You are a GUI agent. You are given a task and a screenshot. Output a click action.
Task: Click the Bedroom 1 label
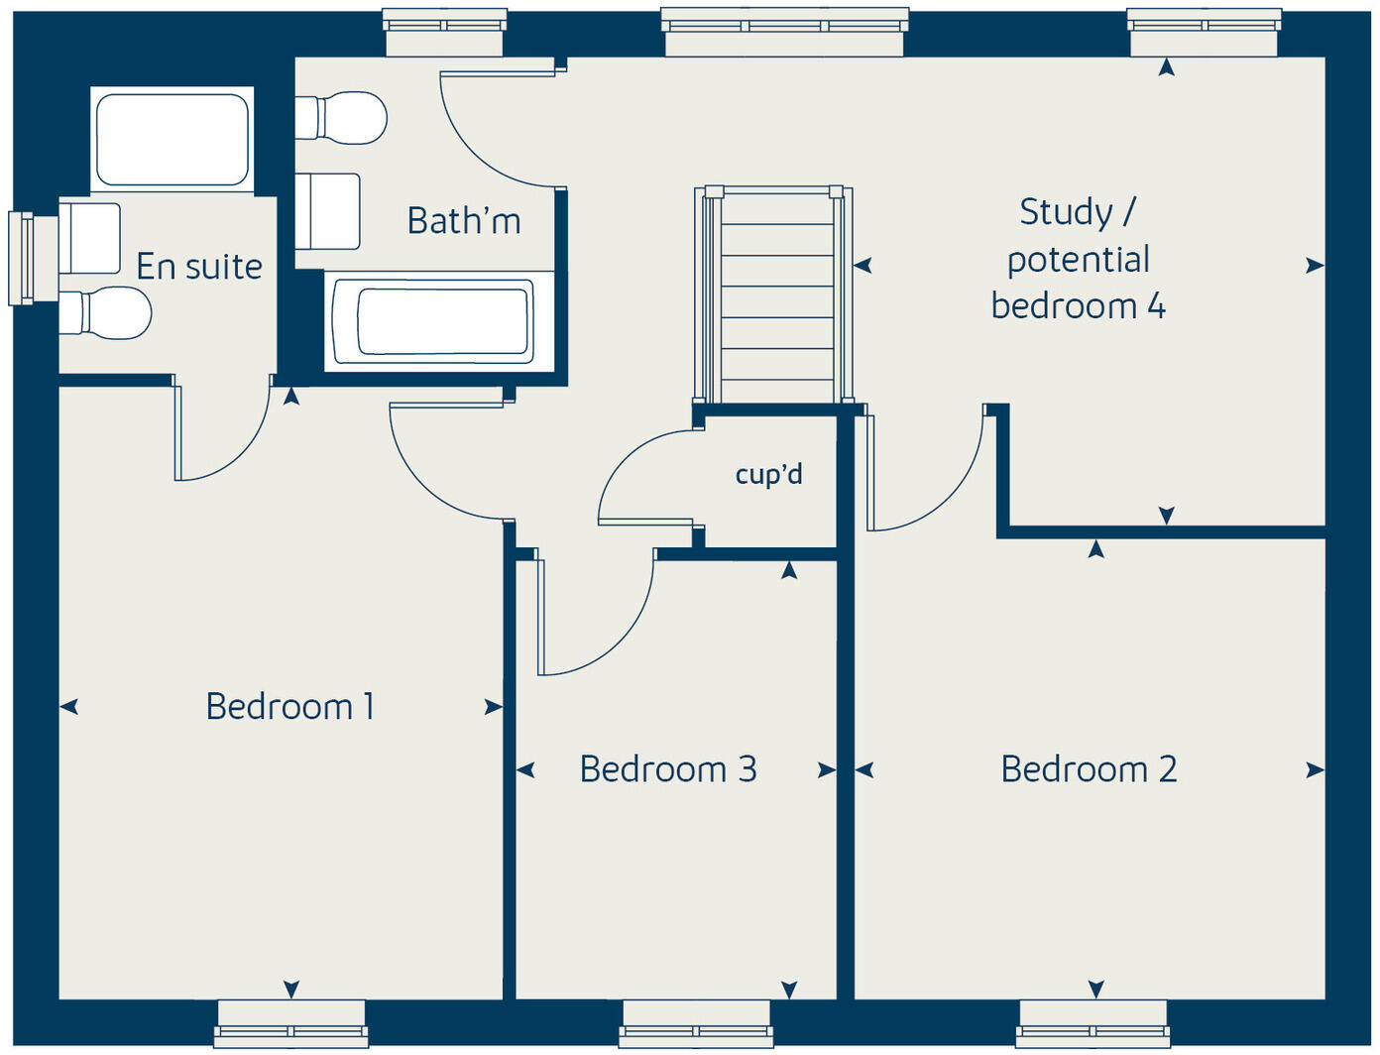click(x=289, y=707)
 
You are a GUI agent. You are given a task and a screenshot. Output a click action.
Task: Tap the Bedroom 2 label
click(x=1089, y=769)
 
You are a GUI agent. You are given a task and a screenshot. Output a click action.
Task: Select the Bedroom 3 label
click(x=668, y=769)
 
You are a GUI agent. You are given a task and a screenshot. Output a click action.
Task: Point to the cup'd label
click(x=768, y=475)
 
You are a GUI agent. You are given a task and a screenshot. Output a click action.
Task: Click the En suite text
click(x=199, y=267)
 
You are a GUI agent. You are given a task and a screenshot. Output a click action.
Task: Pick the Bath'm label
click(x=464, y=220)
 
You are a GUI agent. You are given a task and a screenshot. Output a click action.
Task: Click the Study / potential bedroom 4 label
click(x=1078, y=259)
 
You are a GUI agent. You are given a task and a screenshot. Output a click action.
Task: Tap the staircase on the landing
click(x=774, y=297)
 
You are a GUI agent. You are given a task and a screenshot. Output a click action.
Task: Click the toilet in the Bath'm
click(x=342, y=118)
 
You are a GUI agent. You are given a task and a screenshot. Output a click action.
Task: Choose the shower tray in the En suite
click(x=172, y=140)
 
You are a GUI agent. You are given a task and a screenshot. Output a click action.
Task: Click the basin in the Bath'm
click(x=328, y=211)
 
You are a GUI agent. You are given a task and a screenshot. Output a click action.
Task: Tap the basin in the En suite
click(x=90, y=238)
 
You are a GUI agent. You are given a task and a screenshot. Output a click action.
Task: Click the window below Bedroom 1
click(x=290, y=1023)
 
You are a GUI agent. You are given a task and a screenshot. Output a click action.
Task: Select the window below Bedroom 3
click(x=695, y=1023)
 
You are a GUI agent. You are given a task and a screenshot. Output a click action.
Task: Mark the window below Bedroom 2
click(x=1092, y=1023)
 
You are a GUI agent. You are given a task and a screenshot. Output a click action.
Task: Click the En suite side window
click(x=21, y=258)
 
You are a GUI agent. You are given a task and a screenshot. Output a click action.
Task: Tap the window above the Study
click(x=1204, y=32)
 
